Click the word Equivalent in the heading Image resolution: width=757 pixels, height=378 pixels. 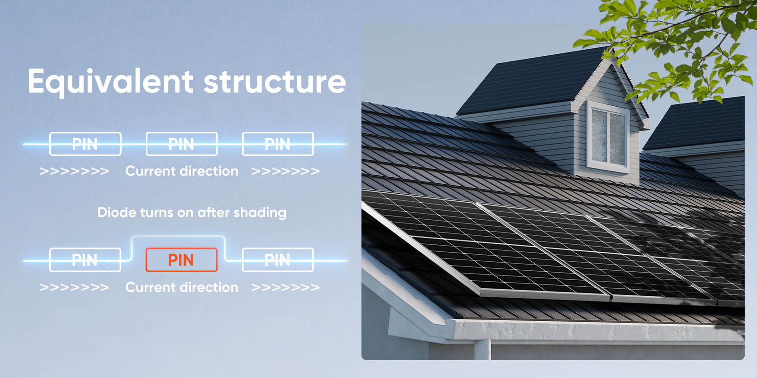(x=110, y=82)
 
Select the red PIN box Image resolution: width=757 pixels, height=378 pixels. (x=181, y=260)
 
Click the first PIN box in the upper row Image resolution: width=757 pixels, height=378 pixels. (x=85, y=144)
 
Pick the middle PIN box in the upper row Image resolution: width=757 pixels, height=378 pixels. (x=181, y=144)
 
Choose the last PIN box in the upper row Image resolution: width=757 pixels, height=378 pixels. (x=278, y=144)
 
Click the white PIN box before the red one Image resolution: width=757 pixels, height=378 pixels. (x=85, y=260)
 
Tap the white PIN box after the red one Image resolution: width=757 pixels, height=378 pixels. (x=278, y=260)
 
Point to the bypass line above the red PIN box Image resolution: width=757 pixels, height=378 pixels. (x=178, y=237)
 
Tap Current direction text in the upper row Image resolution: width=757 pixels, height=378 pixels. (x=182, y=171)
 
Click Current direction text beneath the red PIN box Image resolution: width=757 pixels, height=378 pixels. (x=182, y=287)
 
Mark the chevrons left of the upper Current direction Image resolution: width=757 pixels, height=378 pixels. (x=74, y=171)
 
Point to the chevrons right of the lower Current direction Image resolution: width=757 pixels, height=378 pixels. (x=285, y=287)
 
